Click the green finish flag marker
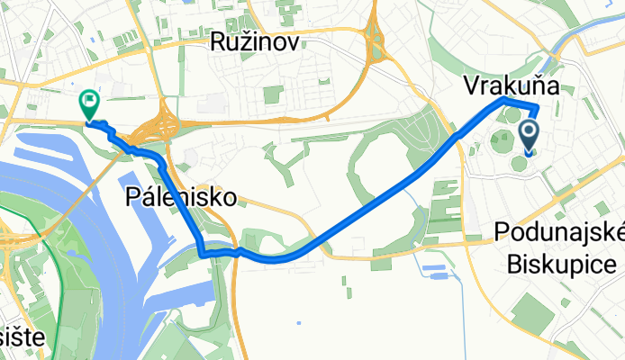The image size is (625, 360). coord(90,103)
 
